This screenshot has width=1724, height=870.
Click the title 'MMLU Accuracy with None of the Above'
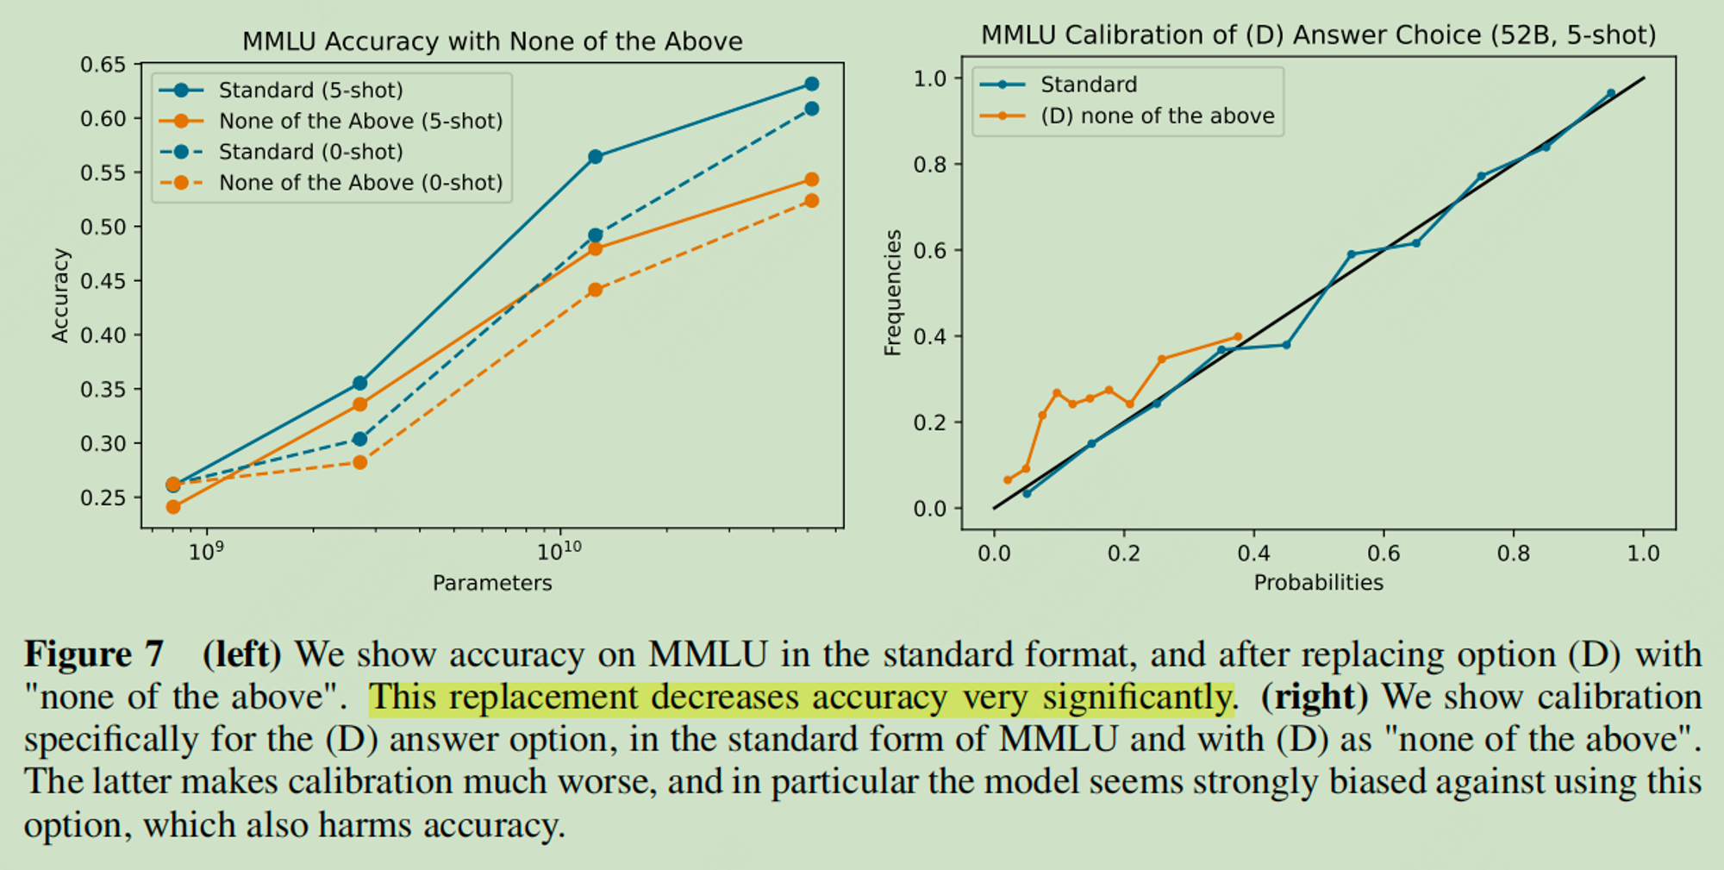[x=492, y=41]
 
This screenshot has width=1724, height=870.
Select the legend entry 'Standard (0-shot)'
[x=310, y=152]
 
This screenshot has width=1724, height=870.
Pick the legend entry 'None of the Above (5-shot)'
[x=360, y=121]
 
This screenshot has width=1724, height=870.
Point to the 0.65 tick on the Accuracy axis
[x=103, y=65]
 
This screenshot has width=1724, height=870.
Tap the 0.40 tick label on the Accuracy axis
[x=103, y=335]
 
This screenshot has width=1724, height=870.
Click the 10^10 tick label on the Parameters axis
[x=559, y=552]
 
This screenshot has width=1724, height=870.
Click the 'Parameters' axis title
[x=492, y=583]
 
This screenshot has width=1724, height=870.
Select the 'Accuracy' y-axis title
[x=60, y=296]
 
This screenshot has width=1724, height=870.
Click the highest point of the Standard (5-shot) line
[x=811, y=84]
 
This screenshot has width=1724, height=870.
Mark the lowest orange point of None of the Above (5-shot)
[x=173, y=507]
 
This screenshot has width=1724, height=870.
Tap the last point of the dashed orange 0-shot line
[x=811, y=201]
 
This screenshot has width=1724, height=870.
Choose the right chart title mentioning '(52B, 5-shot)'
[x=1318, y=35]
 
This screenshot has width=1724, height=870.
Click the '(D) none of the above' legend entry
[x=1157, y=116]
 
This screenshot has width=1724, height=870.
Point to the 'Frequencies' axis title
[x=893, y=293]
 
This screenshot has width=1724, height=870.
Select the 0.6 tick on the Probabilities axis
[x=1384, y=554]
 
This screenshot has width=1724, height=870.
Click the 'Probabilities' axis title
[x=1318, y=583]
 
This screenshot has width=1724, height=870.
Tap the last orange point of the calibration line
[x=1238, y=337]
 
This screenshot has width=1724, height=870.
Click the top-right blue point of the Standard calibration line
[x=1610, y=94]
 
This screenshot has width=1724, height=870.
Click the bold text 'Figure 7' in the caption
[x=94, y=654]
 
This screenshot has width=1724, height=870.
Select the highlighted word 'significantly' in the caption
[x=1138, y=697]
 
